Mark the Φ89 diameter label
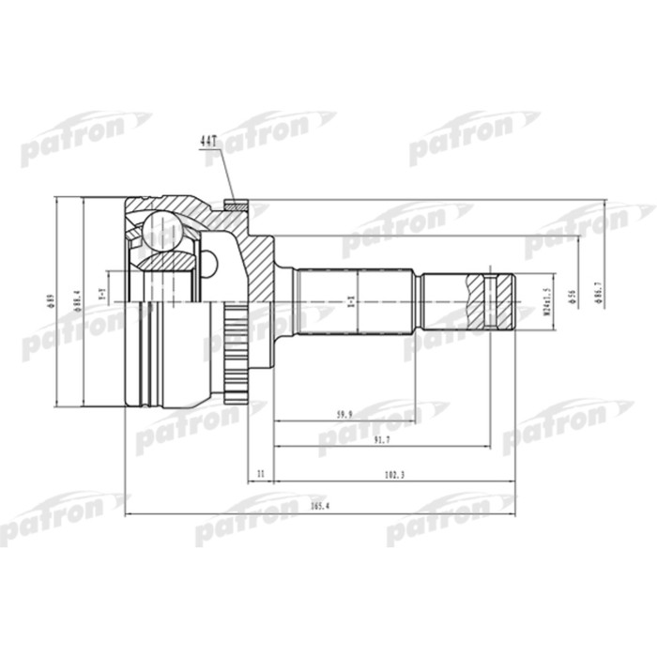tap(51, 301)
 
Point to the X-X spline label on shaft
tap(350, 301)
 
